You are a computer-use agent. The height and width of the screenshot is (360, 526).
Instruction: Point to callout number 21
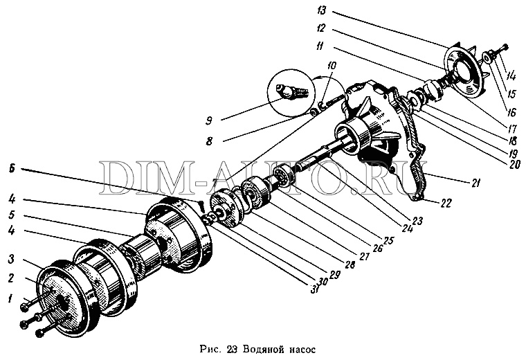coord(476,183)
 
